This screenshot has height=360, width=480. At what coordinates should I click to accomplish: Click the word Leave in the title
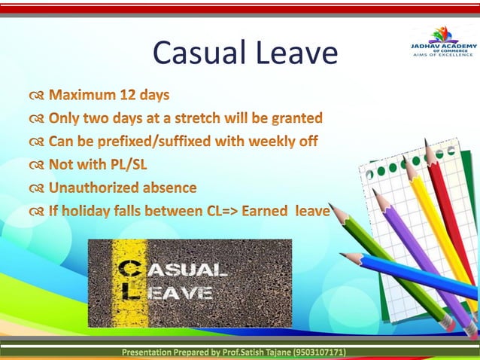[x=295, y=52]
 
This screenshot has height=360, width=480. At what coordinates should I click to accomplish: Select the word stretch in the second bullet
[x=205, y=118]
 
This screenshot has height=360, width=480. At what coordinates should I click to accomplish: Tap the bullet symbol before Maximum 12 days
[x=37, y=96]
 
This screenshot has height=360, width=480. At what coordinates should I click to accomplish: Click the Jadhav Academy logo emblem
[x=442, y=34]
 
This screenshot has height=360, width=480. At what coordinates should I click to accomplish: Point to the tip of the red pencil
[x=427, y=142]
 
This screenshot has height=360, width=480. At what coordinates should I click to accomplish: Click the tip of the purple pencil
[x=374, y=191]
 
